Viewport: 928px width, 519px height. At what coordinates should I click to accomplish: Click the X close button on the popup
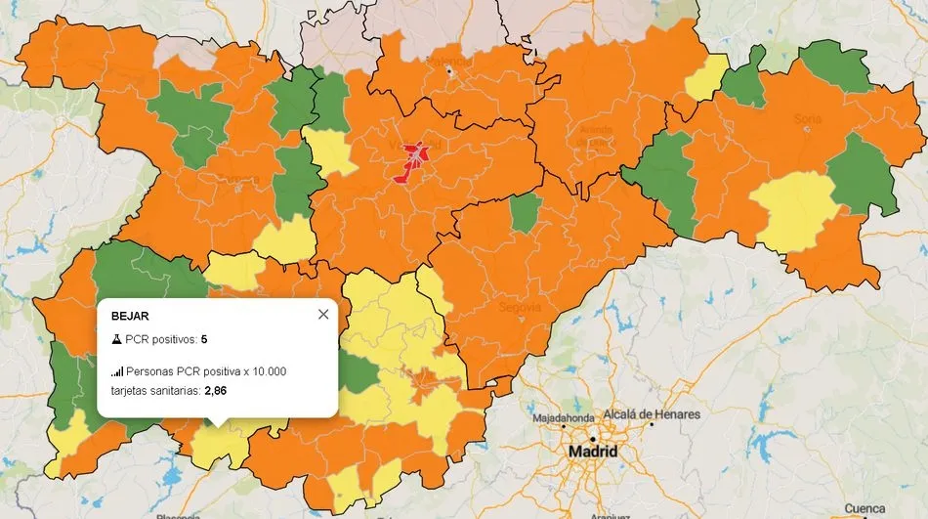coord(323,314)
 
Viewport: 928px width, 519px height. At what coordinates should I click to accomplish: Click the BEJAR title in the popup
coord(130,317)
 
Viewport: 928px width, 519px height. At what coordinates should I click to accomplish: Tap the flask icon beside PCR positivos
coord(116,339)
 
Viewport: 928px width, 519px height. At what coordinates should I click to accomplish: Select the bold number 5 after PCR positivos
coord(204,339)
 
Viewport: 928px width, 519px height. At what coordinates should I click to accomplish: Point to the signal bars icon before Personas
coord(117,371)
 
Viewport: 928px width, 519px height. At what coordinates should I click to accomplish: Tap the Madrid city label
coord(593,453)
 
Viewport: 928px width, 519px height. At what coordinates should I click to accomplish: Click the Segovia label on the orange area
coord(520,307)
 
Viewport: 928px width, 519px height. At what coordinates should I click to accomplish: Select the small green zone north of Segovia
coord(526,212)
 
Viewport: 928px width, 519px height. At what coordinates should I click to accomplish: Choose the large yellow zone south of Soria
coord(793,208)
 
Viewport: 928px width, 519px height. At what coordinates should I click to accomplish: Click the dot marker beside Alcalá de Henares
coord(652,425)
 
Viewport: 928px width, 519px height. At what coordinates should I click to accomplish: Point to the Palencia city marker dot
coord(449,71)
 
